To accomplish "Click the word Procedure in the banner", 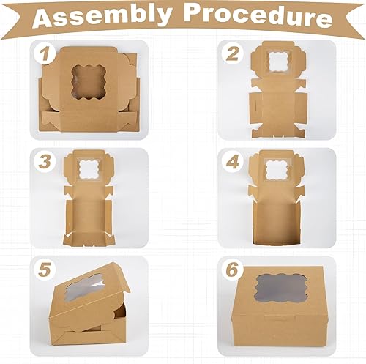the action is (x=258, y=17).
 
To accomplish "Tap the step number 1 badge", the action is (x=44, y=54).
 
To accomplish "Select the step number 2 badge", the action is (x=232, y=53).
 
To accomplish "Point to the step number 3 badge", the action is (x=44, y=162).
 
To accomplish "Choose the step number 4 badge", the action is (x=232, y=162).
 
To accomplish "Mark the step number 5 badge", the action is (x=44, y=270).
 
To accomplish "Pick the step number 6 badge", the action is (x=232, y=270).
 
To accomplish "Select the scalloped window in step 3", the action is (x=89, y=169).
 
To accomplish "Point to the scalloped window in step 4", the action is (x=277, y=170).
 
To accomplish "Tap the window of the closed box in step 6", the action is (x=280, y=288).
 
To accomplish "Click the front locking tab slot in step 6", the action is (x=280, y=318).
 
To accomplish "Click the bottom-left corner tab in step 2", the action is (x=258, y=133).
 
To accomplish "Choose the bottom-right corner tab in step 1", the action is (x=129, y=122).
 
